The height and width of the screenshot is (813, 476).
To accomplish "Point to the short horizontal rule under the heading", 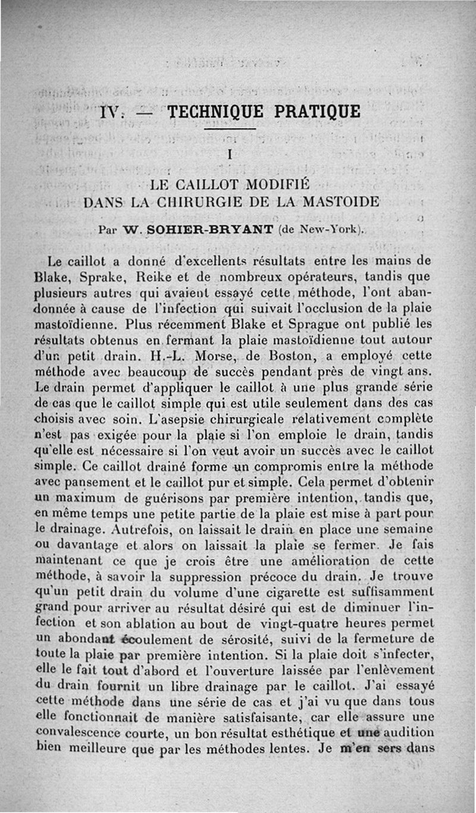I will (x=230, y=129).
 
